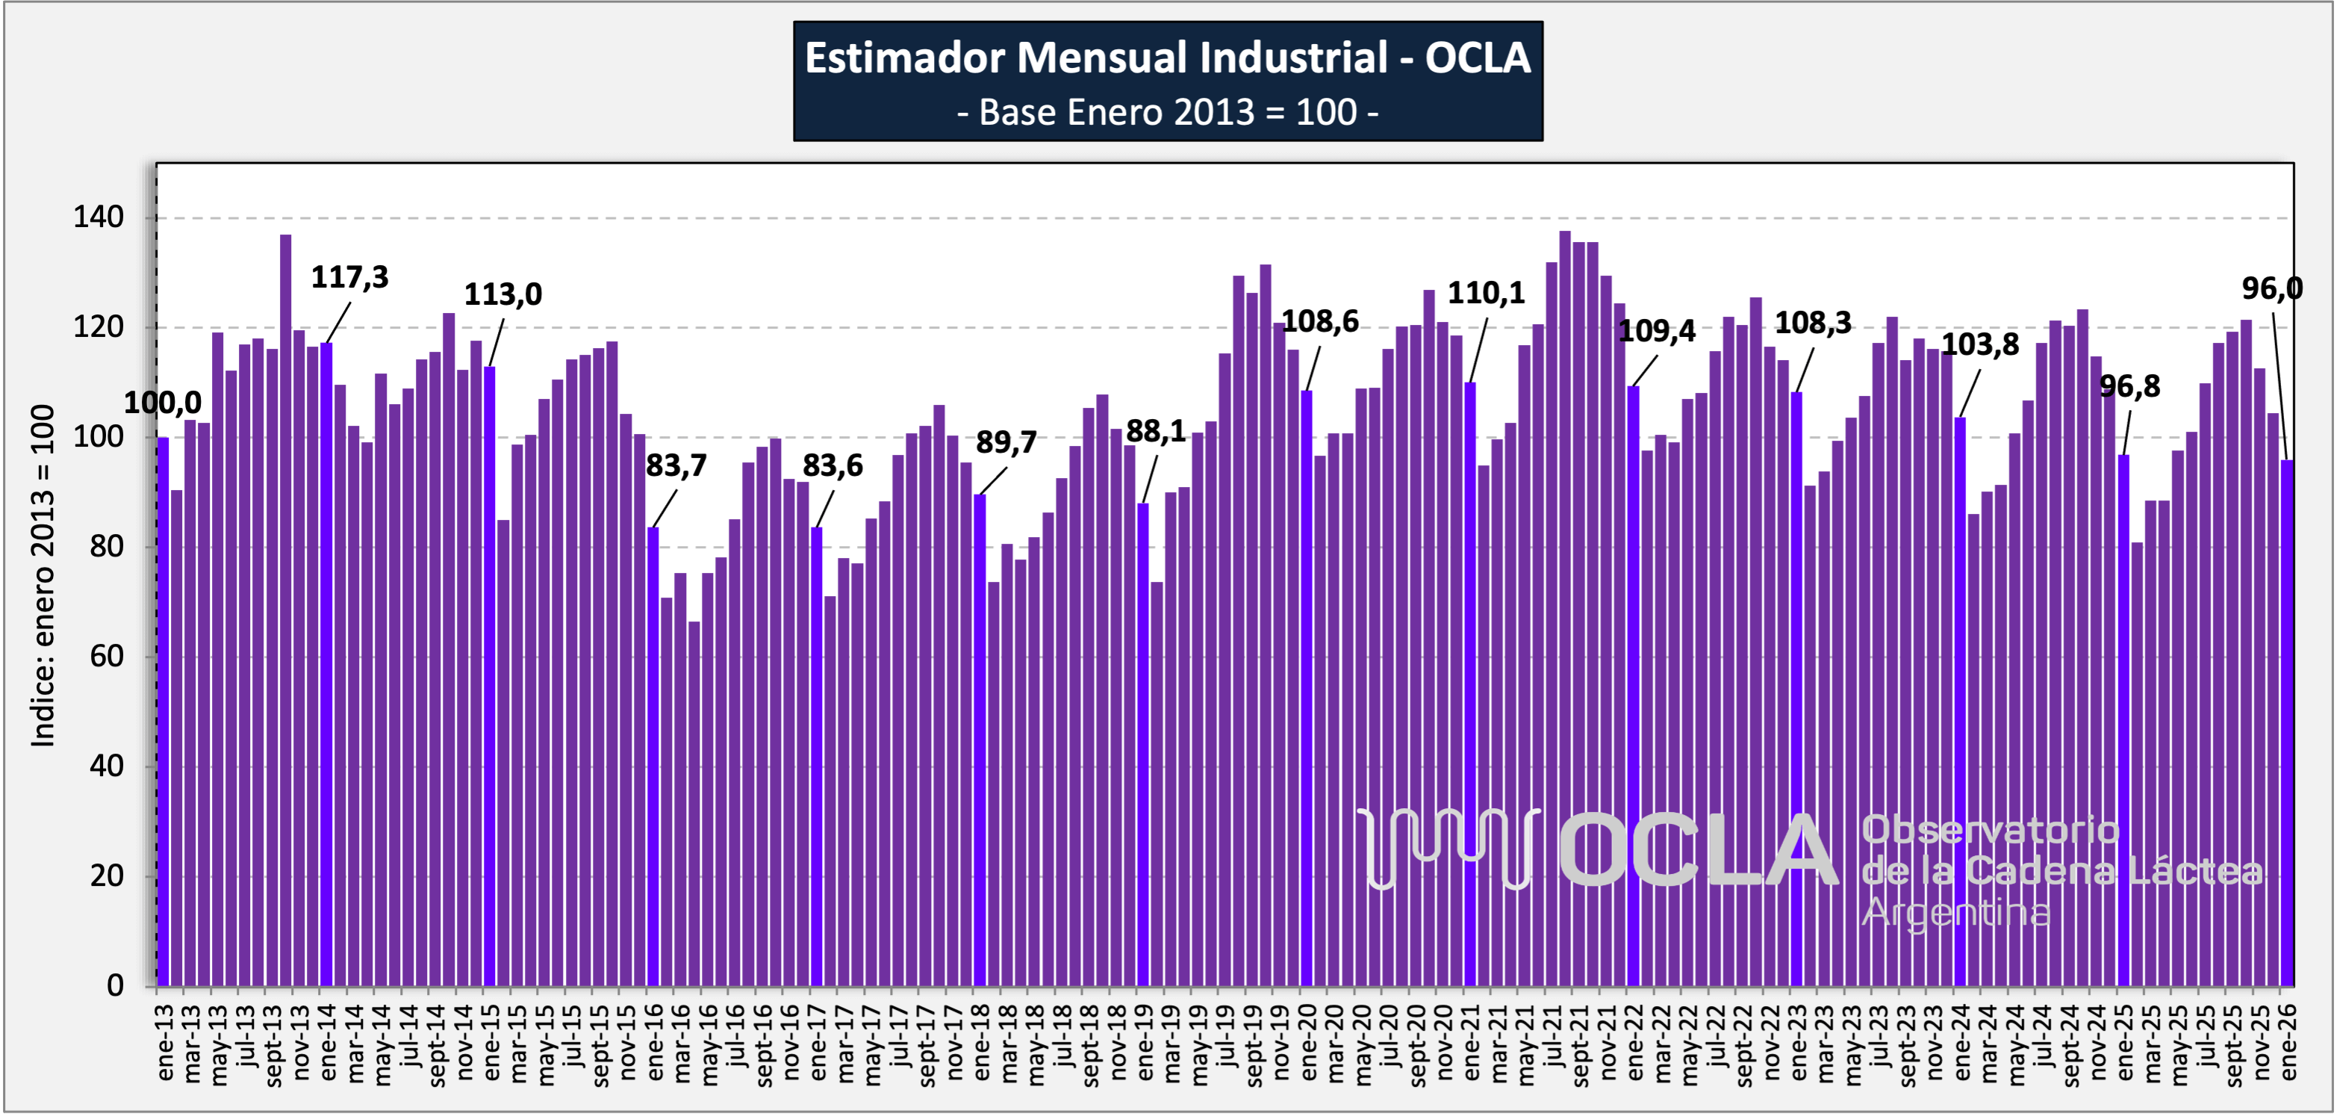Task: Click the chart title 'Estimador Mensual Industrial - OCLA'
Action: [x=1168, y=58]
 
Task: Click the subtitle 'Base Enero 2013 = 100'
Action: [x=1168, y=113]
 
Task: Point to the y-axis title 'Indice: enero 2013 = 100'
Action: [x=43, y=575]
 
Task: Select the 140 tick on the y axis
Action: [x=98, y=218]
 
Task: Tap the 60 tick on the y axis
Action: [x=106, y=656]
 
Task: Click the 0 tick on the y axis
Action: [x=115, y=985]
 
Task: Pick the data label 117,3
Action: [x=349, y=277]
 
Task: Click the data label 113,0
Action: [x=502, y=294]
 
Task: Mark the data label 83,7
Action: [x=676, y=465]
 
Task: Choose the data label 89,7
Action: [x=1006, y=442]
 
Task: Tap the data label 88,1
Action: [x=1155, y=431]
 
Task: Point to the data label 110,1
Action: [x=1486, y=293]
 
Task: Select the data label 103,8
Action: [x=1980, y=345]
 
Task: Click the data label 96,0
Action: [x=2272, y=288]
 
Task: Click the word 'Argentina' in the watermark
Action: [x=1955, y=913]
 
